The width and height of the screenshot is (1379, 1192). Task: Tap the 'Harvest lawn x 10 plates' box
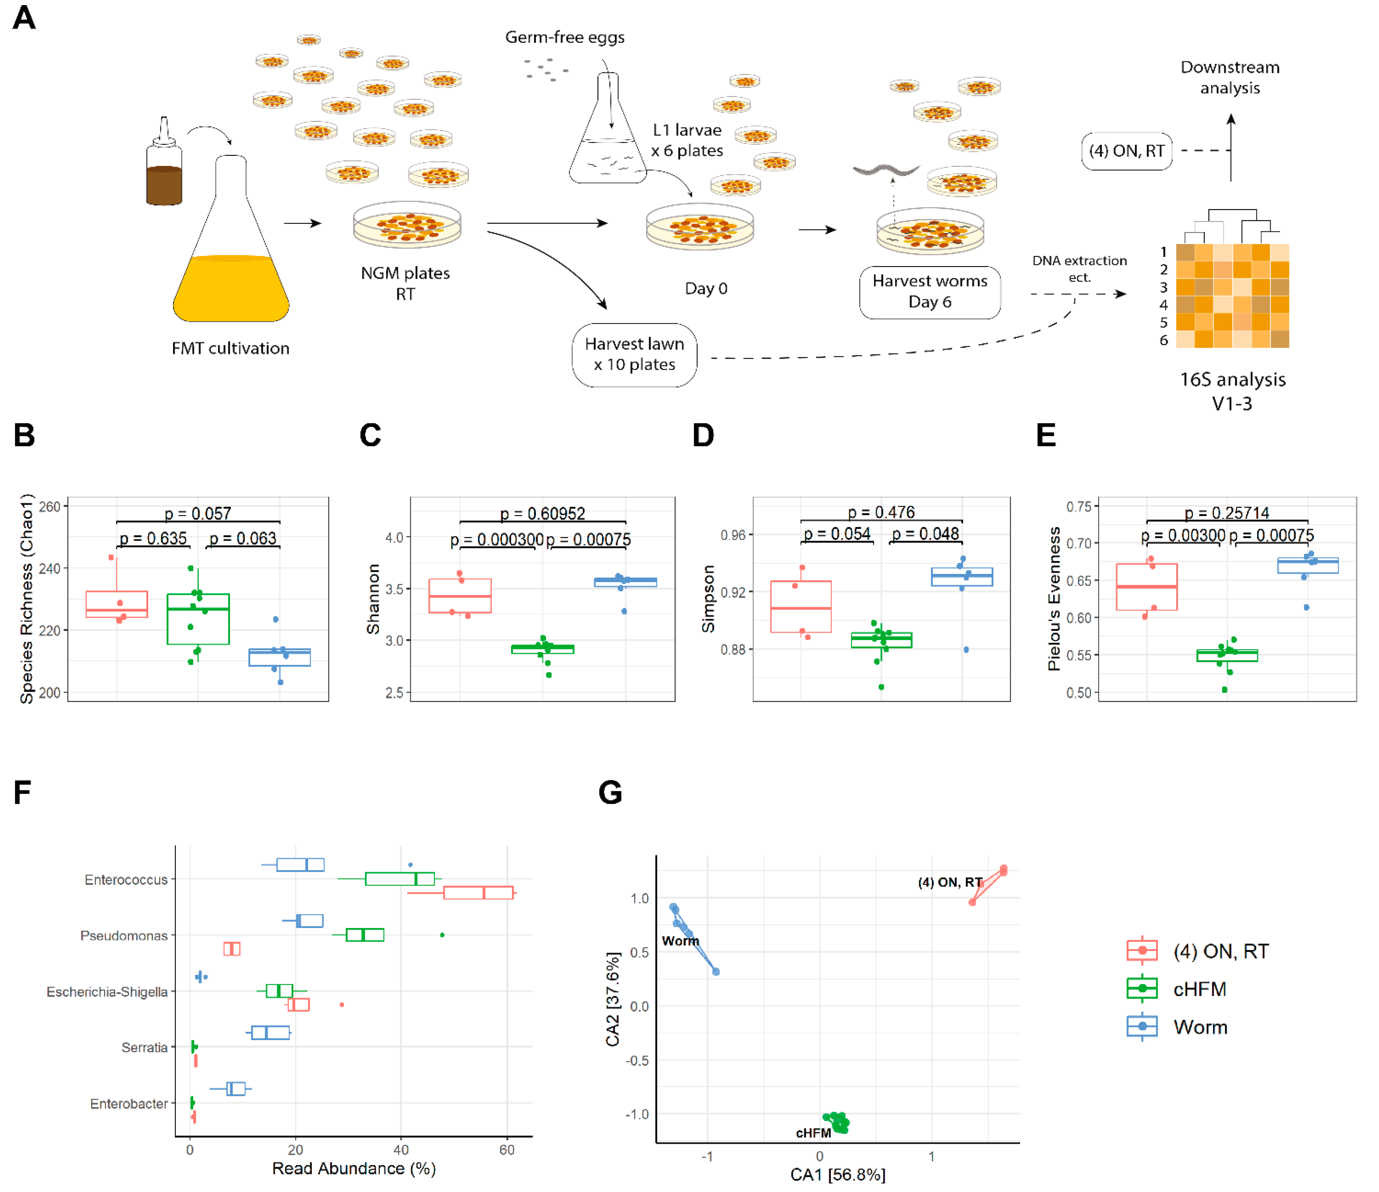[634, 355]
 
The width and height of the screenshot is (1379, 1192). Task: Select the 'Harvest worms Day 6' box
[930, 292]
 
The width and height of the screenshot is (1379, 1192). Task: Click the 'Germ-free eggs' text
[564, 37]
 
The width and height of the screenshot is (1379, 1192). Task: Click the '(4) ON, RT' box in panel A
[1126, 151]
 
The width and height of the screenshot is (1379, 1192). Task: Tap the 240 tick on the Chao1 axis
[50, 568]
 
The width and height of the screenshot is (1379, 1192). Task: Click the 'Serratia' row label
[144, 1048]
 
